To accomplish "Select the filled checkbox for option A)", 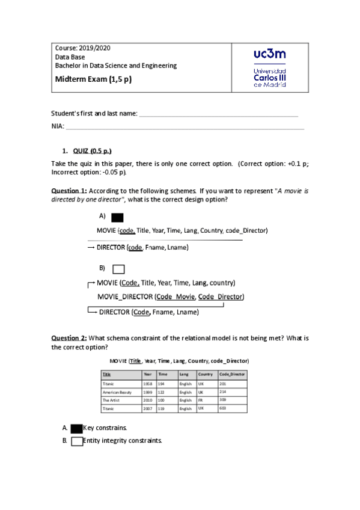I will (x=118, y=218).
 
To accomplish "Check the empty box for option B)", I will (x=118, y=269).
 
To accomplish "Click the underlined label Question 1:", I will (x=69, y=190).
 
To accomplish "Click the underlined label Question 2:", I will (x=69, y=339).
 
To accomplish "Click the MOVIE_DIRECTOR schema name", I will (x=124, y=296).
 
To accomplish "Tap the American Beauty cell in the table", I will (x=117, y=392).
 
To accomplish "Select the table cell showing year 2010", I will (x=147, y=400).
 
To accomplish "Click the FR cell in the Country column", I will (x=201, y=400).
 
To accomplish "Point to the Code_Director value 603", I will (x=223, y=408).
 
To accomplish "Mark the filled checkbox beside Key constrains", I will (x=76, y=428).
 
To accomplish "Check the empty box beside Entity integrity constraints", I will (x=76, y=441).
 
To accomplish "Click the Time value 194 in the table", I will (x=162, y=383).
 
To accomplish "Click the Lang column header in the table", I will (x=184, y=374).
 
